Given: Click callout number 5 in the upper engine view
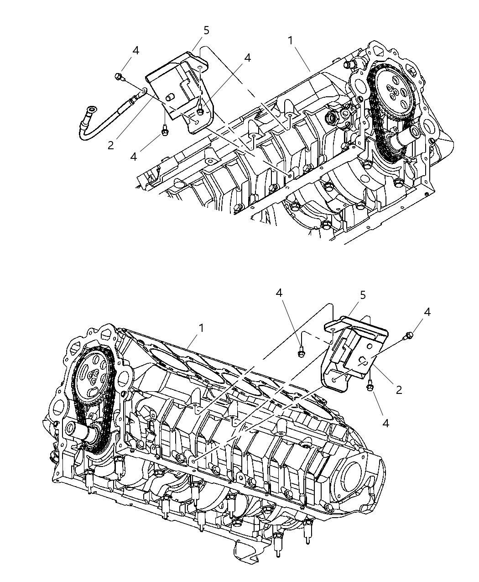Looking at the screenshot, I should tap(206, 31).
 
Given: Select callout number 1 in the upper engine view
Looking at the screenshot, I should tap(290, 40).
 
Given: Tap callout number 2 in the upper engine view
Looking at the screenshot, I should tap(111, 145).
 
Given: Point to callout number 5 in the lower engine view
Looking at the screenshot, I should tap(363, 295).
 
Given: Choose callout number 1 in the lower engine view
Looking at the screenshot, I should tap(201, 328).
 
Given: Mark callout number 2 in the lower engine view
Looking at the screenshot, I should tap(399, 389).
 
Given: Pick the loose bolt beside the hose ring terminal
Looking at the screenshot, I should tap(120, 77).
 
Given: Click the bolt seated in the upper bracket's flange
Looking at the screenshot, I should tap(200, 110).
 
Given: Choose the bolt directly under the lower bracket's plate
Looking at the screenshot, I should tap(370, 387).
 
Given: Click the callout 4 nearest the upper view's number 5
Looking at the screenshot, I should tap(247, 58).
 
